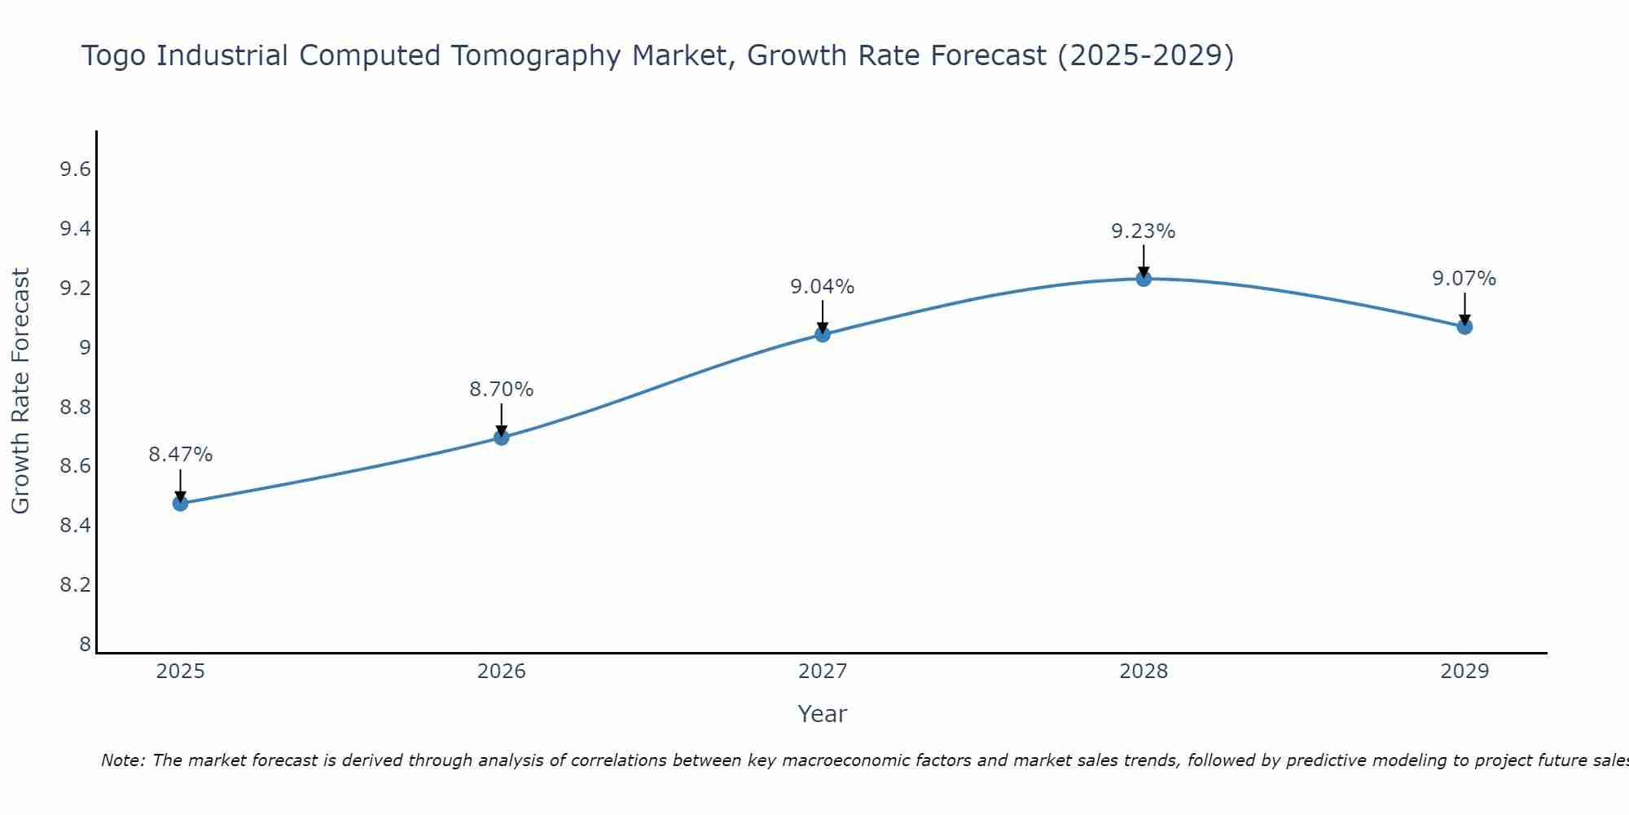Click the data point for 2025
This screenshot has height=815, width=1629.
(180, 503)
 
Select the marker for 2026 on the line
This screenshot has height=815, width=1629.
(501, 438)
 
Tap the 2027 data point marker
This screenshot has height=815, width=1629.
(822, 334)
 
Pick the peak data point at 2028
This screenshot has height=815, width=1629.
(1143, 279)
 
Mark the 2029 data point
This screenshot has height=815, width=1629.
(1464, 327)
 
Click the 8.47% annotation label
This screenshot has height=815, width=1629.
(180, 455)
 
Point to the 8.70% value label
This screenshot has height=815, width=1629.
(501, 390)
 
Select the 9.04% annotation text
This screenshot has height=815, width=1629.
(822, 287)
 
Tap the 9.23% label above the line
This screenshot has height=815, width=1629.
(1143, 231)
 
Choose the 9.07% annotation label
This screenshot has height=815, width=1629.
(1464, 279)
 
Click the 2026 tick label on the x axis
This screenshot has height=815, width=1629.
(501, 672)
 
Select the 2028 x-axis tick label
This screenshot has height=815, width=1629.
(1143, 672)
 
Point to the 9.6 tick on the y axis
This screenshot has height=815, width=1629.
(74, 170)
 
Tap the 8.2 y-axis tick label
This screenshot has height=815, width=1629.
(74, 585)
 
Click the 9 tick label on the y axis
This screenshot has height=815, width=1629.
(84, 348)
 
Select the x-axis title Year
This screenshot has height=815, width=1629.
(822, 714)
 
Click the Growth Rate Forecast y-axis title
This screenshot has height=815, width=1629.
(21, 390)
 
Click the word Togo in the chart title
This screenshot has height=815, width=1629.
(115, 56)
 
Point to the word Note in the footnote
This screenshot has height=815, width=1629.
(121, 760)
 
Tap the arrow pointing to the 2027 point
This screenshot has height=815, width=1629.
(822, 316)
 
